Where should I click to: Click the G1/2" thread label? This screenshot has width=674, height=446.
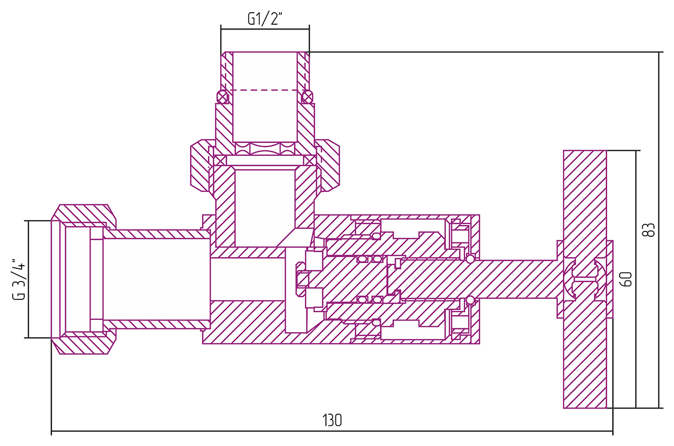[x=265, y=19]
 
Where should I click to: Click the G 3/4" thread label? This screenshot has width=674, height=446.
[x=19, y=279]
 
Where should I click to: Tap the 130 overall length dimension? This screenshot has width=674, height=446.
[x=332, y=420]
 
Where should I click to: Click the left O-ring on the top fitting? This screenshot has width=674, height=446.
[x=223, y=97]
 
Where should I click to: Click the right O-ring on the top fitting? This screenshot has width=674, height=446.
[x=307, y=97]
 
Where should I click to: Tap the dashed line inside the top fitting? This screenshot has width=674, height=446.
[x=265, y=90]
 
